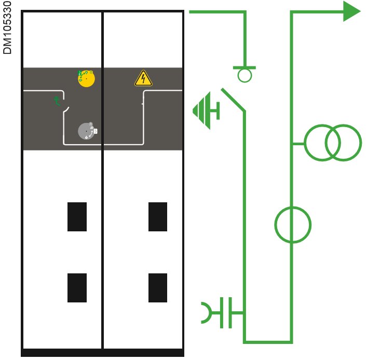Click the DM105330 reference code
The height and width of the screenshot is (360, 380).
point(7,28)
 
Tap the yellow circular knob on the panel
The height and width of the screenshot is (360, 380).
point(85,78)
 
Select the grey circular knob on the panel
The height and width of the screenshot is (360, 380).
point(87,131)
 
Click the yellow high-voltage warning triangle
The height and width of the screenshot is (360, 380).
point(143,78)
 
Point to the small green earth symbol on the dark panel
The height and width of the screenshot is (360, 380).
point(58,101)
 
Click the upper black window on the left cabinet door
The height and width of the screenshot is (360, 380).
point(77,216)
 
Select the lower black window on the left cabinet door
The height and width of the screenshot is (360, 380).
point(77,287)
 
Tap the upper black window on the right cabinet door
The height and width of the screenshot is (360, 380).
point(158,216)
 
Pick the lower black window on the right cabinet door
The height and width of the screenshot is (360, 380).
point(158,287)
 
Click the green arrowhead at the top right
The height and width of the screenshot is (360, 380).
point(351,11)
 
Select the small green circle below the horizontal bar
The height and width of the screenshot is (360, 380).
point(244,76)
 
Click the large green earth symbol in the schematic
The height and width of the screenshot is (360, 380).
point(206,110)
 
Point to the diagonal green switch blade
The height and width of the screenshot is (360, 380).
point(233,100)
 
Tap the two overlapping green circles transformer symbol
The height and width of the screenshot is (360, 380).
point(332,143)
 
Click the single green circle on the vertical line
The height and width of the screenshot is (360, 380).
point(292,225)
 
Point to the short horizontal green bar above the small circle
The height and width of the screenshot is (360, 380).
point(244,67)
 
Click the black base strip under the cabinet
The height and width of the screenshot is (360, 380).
point(103,353)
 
